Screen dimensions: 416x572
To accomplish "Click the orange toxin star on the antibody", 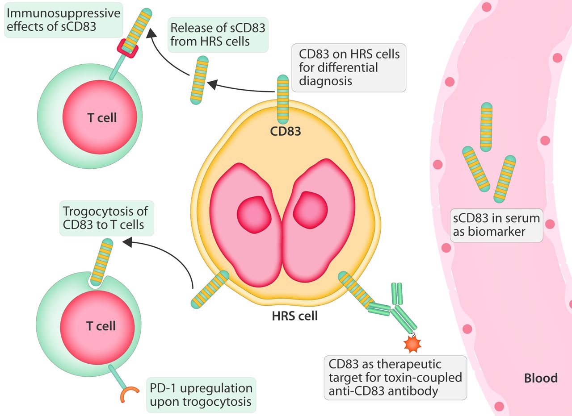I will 412,344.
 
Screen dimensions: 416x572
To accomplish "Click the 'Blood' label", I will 541,378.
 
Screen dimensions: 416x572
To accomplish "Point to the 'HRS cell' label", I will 294,316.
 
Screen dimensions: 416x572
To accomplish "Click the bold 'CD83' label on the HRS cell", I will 285,131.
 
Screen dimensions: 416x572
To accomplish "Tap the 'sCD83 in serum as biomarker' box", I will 496,225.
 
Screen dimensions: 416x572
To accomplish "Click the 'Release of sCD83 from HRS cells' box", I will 217,34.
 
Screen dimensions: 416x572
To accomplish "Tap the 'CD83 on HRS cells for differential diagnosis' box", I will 349,68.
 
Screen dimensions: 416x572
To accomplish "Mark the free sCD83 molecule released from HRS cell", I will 198,80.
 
